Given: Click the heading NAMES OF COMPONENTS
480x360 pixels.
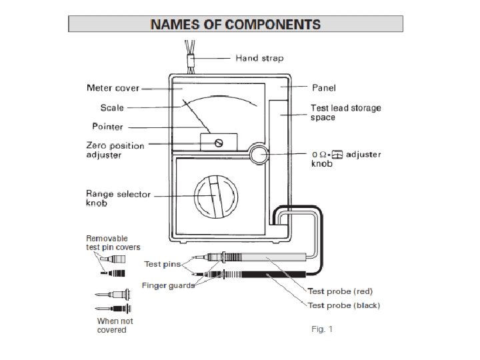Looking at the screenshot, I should click(235, 25).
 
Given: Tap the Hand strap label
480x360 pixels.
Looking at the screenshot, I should click(259, 58).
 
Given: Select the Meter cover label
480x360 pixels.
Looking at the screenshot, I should click(113, 88).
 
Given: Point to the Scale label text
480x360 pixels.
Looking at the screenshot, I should click(112, 107).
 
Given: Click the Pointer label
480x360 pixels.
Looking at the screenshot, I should click(107, 126).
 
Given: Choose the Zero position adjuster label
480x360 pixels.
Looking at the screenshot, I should click(115, 150).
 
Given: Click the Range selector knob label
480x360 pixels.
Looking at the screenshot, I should click(118, 198).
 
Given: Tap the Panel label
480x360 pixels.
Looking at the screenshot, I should click(324, 87).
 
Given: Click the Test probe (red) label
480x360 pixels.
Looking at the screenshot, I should click(339, 291).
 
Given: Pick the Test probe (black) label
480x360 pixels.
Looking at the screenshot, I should click(343, 305).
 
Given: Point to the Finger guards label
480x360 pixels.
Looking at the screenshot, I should click(168, 285).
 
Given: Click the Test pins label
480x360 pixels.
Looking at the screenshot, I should click(162, 264).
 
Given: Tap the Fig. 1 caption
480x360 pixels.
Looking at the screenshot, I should click(322, 329).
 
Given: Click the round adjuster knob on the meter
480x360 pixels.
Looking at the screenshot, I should click(259, 155).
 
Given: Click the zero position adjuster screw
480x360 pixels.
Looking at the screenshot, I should click(218, 143).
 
